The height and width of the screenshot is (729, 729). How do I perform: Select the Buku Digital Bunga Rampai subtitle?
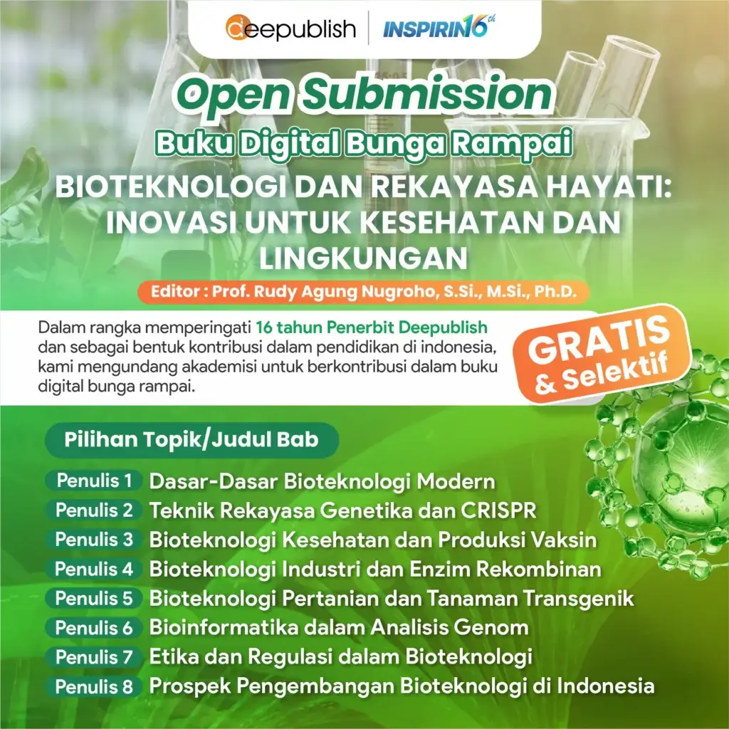pos(364,142)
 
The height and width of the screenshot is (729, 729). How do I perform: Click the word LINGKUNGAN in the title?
pos(363,258)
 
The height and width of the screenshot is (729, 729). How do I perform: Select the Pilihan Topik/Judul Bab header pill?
pos(192,440)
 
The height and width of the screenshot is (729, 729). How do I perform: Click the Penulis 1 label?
pos(94,481)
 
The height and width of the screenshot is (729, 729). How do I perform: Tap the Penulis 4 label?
pos(94,569)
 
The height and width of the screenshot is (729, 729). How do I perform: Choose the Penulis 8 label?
pos(94,687)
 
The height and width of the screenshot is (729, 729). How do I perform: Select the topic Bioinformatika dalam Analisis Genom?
pos(339,628)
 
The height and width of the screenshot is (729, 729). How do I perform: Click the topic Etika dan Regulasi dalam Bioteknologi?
pos(341,657)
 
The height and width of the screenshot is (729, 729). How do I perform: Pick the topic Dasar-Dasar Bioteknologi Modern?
pos(322,481)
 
